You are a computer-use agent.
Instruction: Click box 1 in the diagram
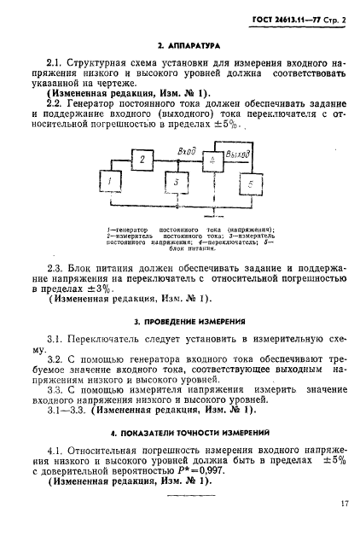(x=110, y=182)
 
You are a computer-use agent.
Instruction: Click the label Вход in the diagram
(x=187, y=150)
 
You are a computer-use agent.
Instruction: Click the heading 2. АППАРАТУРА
(x=180, y=43)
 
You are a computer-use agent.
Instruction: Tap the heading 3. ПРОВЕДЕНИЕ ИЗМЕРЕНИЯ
(x=180, y=323)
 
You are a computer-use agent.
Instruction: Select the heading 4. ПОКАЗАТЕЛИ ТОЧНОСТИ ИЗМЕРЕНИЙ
(x=180, y=432)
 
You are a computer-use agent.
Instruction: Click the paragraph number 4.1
(x=55, y=448)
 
